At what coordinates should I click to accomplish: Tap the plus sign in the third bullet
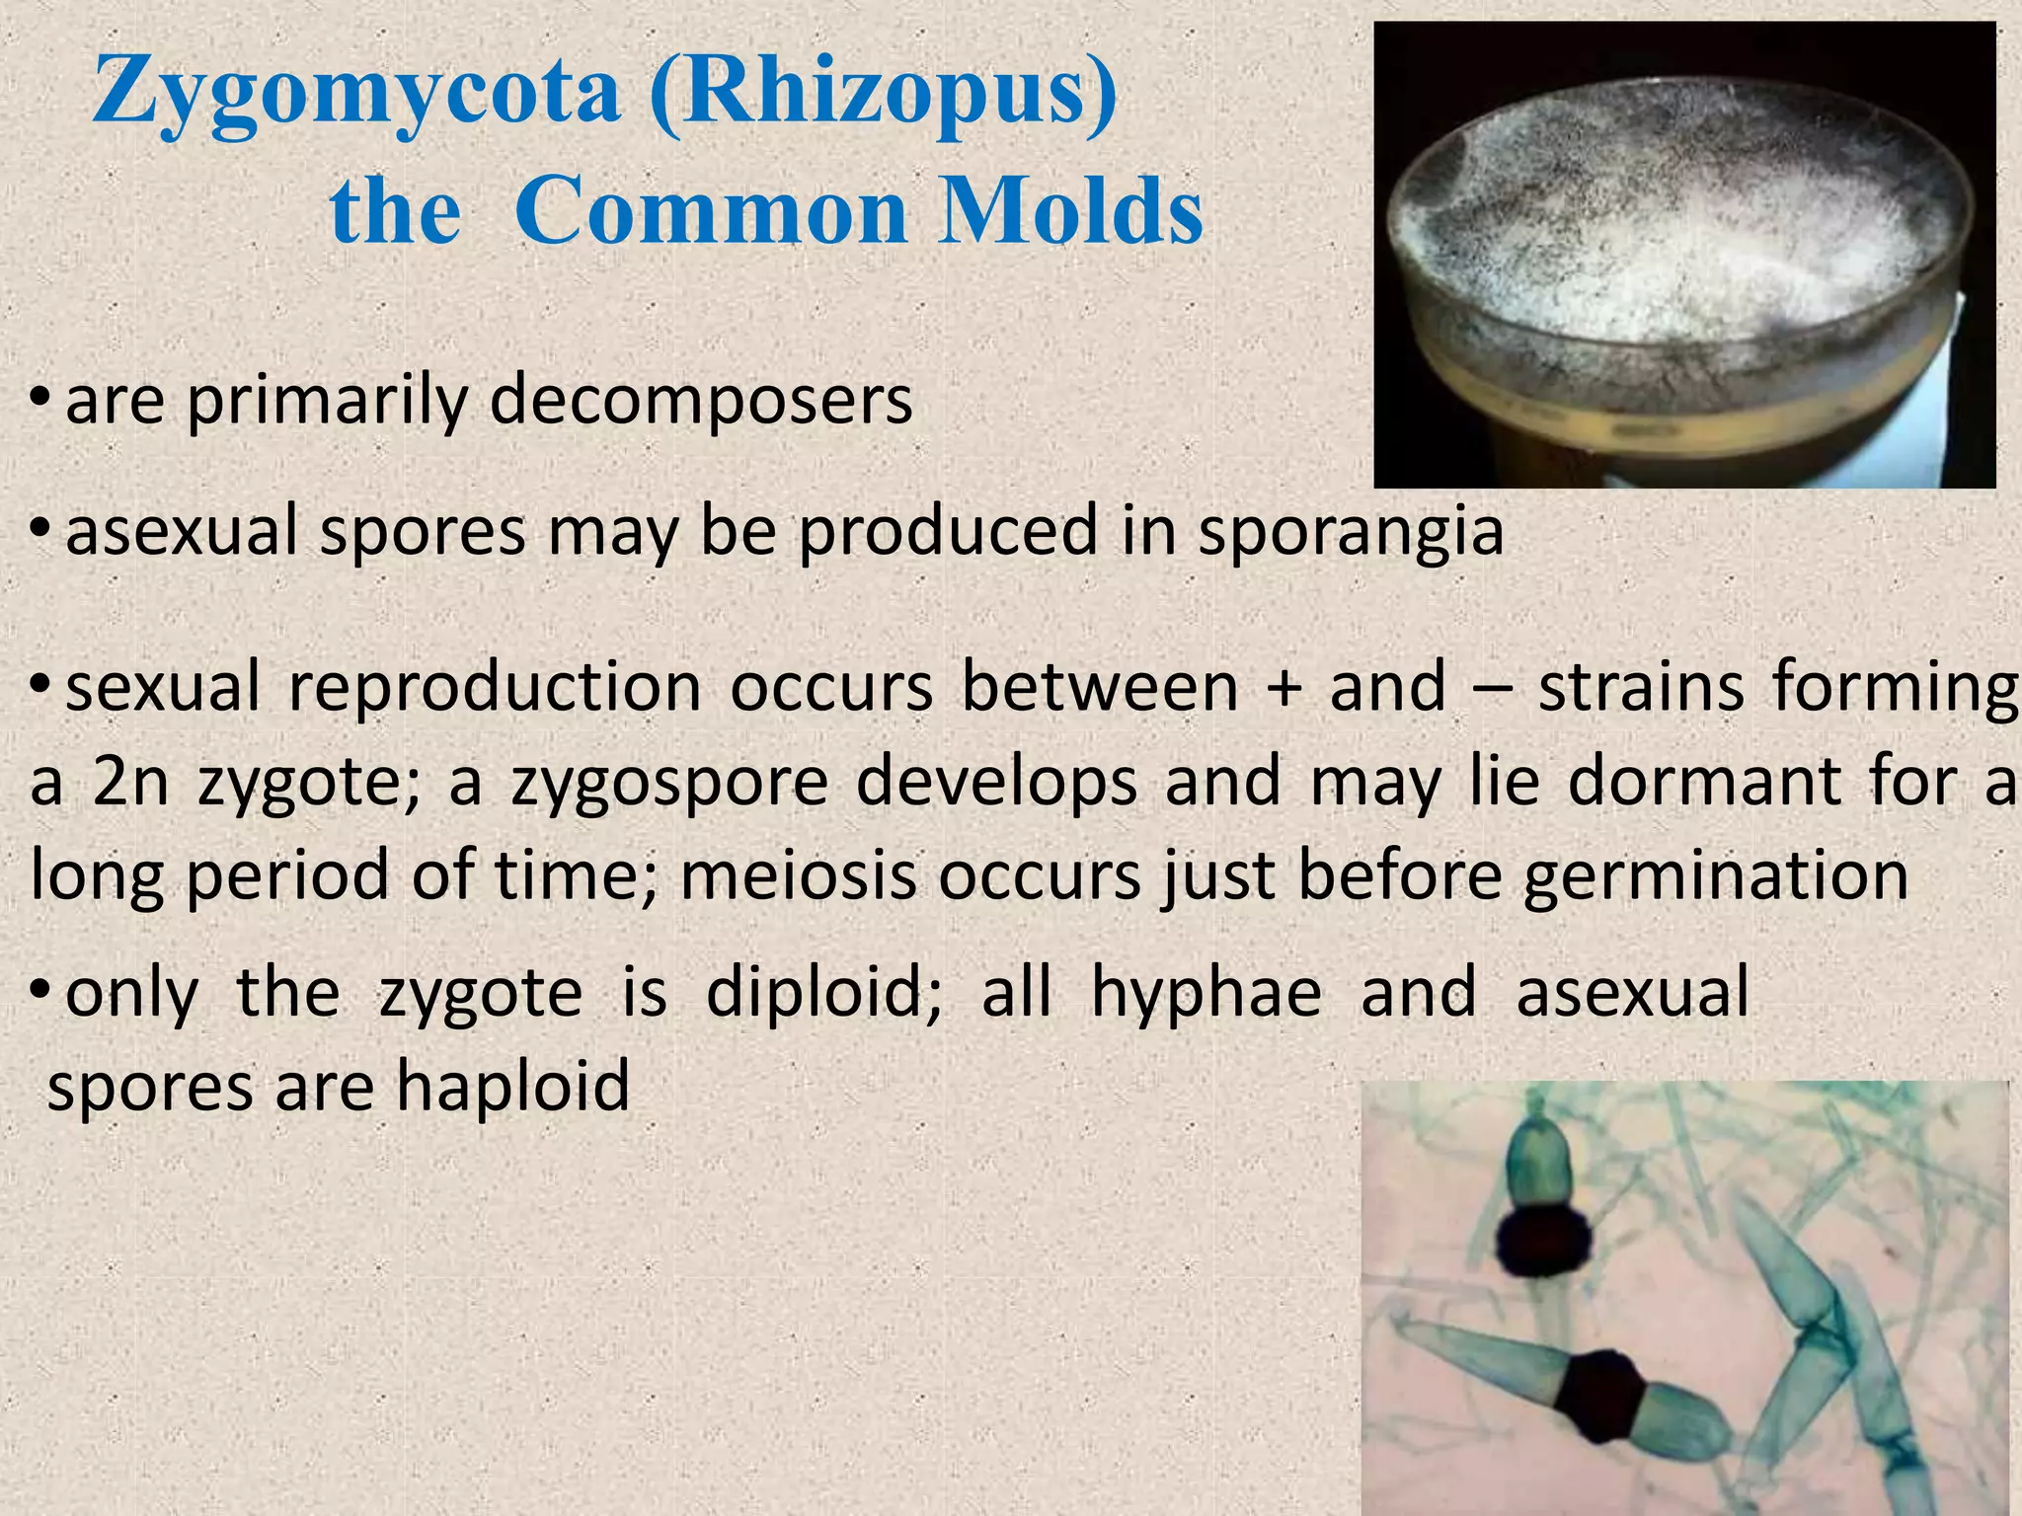1283,688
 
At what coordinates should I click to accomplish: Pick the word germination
1716,875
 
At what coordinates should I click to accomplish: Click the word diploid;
824,993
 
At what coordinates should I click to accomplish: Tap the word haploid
512,1086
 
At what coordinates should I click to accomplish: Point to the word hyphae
1205,993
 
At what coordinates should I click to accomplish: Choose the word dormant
1704,782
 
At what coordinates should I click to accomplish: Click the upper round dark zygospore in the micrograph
1541,1243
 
